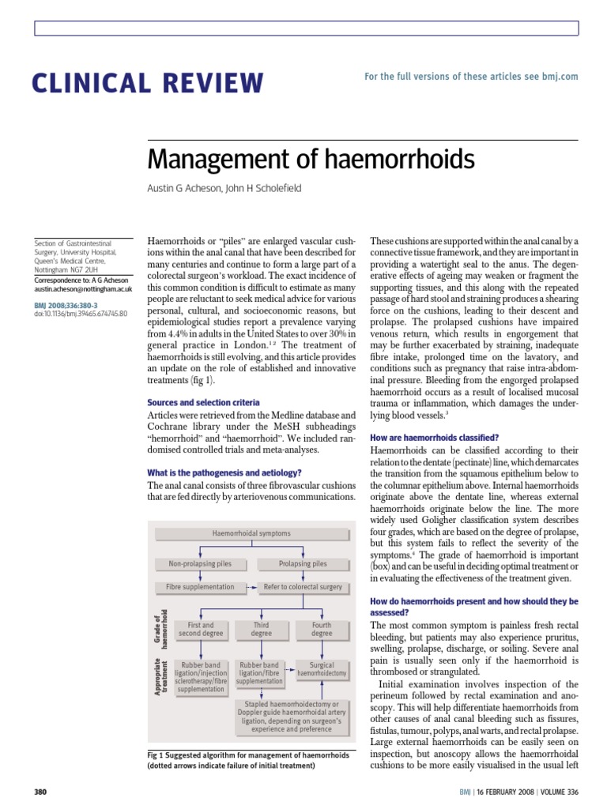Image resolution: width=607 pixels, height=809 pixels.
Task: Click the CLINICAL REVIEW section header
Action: [147, 82]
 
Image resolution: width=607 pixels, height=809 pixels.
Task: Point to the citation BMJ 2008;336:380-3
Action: [67, 303]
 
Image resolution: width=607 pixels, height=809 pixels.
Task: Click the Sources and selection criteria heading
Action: [203, 402]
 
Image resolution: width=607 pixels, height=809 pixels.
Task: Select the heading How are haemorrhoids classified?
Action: [435, 438]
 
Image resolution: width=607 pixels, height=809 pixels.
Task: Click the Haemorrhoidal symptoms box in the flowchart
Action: [251, 533]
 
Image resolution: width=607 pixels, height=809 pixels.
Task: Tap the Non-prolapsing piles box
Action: [201, 563]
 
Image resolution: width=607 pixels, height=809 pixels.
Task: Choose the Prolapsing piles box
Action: [303, 563]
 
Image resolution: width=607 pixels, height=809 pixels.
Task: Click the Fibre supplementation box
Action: [200, 587]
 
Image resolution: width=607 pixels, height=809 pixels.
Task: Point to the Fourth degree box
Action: [322, 629]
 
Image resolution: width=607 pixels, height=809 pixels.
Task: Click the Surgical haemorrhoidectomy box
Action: [322, 669]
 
